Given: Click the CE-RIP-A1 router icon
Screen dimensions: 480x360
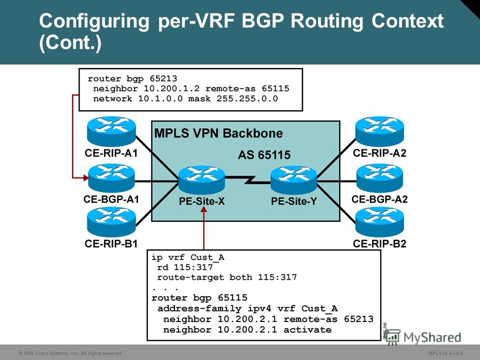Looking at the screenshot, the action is (111, 131).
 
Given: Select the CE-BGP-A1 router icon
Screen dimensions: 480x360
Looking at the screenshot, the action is (111, 178).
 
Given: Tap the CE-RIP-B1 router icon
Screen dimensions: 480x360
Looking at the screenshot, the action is (111, 221).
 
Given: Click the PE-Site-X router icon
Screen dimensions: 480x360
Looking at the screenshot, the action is (201, 180).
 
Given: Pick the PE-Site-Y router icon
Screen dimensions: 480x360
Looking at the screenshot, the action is (294, 180).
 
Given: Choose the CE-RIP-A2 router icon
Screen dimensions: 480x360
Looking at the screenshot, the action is (379, 131).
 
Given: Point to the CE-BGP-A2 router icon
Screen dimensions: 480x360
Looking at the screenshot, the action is (380, 178).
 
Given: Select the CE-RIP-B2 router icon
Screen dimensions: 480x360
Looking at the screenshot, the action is (379, 222).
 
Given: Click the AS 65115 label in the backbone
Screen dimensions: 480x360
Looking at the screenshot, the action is (264, 155).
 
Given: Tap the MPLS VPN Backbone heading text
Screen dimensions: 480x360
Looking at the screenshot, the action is (218, 133).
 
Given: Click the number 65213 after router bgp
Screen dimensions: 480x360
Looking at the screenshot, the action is (163, 78).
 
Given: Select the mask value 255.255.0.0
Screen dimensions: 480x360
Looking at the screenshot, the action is (247, 98).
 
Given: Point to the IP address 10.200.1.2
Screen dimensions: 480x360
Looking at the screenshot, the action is (171, 89).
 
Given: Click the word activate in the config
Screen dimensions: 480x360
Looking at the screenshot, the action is (307, 329).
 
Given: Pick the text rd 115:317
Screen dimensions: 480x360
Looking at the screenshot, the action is (185, 267).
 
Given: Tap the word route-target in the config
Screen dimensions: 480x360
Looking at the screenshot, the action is (190, 277).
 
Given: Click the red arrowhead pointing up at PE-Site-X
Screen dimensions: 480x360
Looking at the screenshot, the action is (204, 209).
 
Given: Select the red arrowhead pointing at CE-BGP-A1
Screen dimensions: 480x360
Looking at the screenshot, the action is (85, 177).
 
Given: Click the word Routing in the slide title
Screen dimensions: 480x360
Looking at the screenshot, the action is (327, 21).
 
